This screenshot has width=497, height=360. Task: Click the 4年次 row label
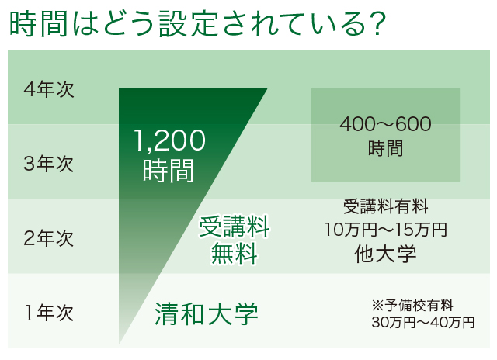[49, 89]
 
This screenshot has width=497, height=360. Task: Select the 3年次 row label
[49, 164]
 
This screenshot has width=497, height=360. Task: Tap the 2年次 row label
[49, 238]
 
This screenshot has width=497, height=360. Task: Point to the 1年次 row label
[49, 313]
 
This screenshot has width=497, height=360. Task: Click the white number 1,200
[170, 140]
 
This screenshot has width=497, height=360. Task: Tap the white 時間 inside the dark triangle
[169, 171]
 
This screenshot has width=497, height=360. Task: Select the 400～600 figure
[385, 124]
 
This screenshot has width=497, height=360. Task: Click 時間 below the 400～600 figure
[385, 148]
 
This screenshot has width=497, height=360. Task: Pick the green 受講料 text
[235, 227]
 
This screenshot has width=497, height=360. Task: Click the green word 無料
[235, 253]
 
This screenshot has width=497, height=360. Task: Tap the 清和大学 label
[207, 313]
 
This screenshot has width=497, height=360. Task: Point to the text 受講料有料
[386, 206]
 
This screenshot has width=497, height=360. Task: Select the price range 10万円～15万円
[386, 229]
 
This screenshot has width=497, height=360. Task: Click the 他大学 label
[385, 254]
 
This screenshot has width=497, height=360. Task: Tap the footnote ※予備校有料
[412, 306]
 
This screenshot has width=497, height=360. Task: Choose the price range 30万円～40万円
[423, 323]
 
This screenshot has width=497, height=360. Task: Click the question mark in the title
[377, 24]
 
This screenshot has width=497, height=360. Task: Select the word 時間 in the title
[38, 24]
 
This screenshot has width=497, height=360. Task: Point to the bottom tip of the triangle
[119, 344]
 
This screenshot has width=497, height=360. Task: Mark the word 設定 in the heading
[188, 24]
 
